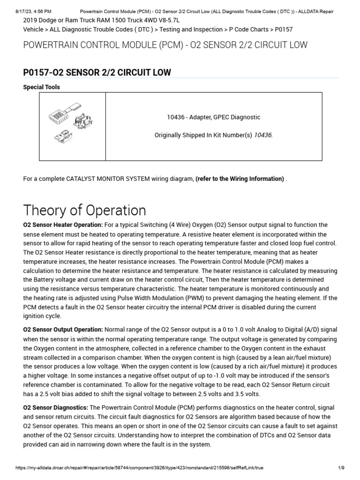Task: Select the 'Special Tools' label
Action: pyautogui.click(x=41, y=87)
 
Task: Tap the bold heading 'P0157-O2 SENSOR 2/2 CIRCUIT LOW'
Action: pyautogui.click(x=97, y=72)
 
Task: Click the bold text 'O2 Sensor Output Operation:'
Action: pyautogui.click(x=63, y=330)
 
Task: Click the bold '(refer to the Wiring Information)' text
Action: pyautogui.click(x=240, y=179)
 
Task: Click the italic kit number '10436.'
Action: pyautogui.click(x=263, y=135)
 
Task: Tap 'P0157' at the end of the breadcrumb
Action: pyautogui.click(x=284, y=29)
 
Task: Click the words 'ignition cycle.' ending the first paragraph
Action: pyautogui.click(x=43, y=316)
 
